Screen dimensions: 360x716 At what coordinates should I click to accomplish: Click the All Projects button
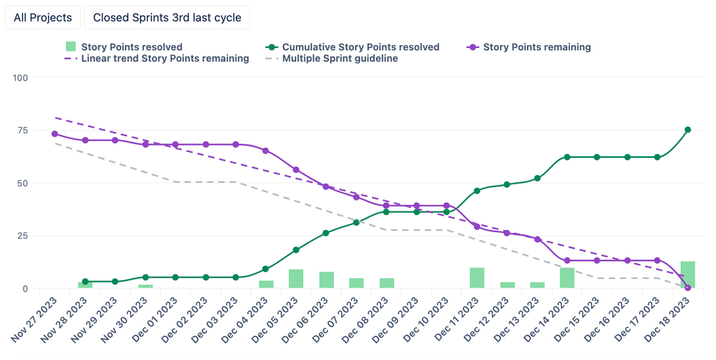(43, 17)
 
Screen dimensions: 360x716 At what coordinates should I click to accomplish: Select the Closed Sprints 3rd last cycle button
(167, 17)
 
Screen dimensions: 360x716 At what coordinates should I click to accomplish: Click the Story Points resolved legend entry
(125, 47)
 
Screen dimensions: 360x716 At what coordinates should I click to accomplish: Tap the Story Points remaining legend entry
(529, 47)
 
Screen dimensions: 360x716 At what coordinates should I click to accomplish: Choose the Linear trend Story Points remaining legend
(158, 59)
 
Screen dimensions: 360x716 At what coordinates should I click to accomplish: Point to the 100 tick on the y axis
(19, 77)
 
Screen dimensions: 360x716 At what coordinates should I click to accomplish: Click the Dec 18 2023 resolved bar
(687, 275)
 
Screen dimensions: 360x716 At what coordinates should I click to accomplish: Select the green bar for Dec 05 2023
(296, 279)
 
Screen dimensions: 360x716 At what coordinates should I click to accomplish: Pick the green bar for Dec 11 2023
(477, 278)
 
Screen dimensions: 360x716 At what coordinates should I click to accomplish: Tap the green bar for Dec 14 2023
(567, 278)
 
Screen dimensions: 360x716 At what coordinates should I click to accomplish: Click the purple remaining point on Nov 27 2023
(54, 134)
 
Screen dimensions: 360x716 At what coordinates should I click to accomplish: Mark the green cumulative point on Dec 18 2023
(687, 130)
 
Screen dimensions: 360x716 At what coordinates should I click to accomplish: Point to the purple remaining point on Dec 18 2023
(687, 288)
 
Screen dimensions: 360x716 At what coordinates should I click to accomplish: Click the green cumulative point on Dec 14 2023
(567, 157)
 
